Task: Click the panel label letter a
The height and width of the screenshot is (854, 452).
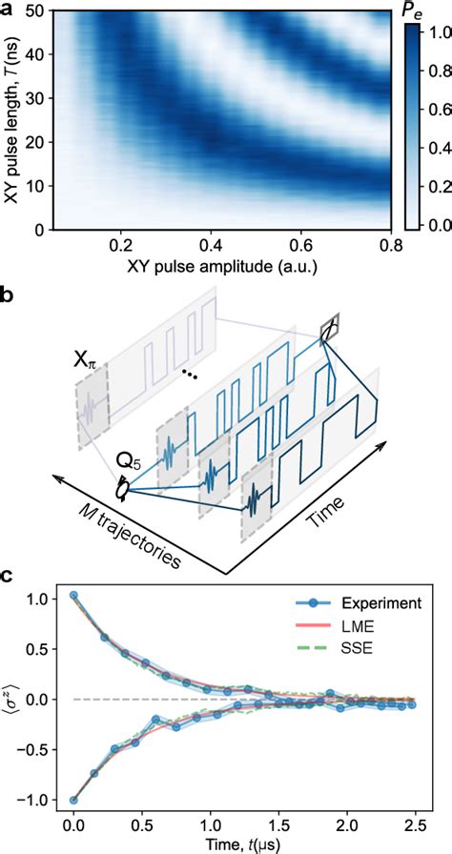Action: point(7,10)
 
